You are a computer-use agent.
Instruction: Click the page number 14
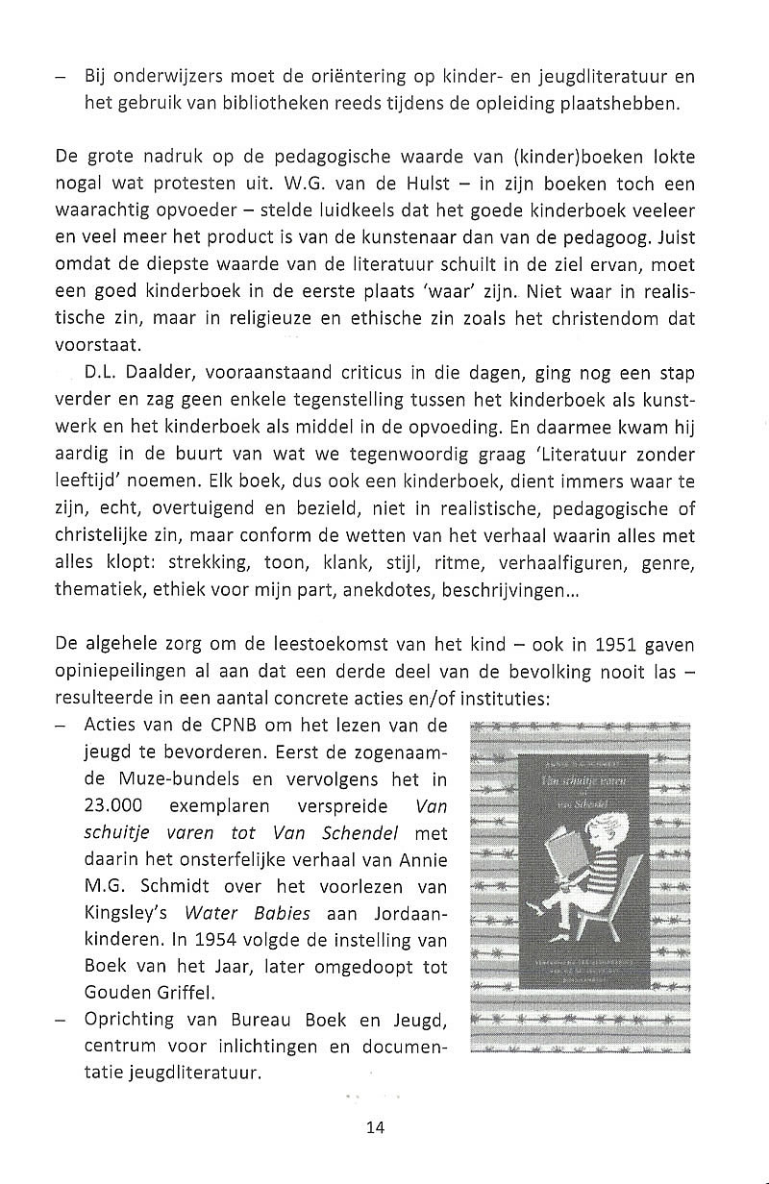coord(376,1128)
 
